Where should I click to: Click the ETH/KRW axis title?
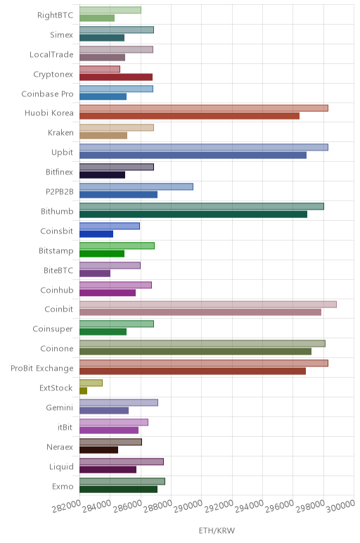tap(217, 530)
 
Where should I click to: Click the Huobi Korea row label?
tap(49, 113)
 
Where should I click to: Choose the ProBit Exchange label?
tap(42, 368)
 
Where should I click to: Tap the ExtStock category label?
tap(56, 388)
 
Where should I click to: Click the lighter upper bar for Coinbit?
tap(208, 305)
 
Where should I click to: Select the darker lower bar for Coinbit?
tap(200, 312)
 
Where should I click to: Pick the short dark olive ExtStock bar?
tap(84, 391)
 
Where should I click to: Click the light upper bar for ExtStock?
tap(91, 383)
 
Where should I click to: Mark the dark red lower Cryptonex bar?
tap(116, 77)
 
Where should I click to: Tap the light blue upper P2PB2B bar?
tap(136, 186)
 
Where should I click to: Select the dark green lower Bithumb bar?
tap(193, 215)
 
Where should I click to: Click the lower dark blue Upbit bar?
tap(193, 155)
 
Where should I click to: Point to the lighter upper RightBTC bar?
tap(110, 10)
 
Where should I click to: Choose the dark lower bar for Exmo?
tap(118, 490)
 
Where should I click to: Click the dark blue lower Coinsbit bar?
tap(96, 234)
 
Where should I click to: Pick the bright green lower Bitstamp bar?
tap(102, 253)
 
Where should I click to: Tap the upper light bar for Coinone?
tap(202, 343)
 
